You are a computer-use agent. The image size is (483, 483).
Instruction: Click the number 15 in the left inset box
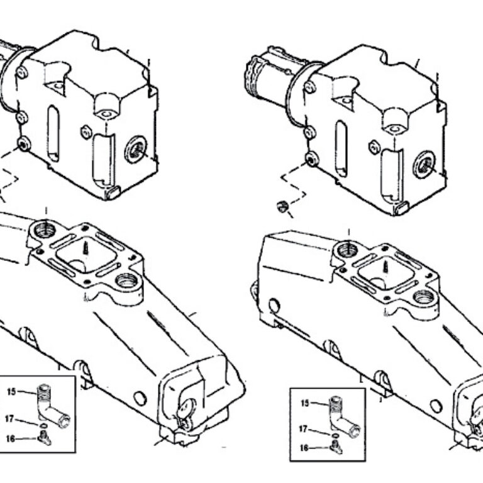coord(11,392)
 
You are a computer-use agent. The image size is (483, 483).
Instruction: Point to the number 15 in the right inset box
coord(305,402)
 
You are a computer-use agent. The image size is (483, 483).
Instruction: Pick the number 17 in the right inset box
coord(303,430)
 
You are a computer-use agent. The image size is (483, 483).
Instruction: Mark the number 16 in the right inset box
coord(303,448)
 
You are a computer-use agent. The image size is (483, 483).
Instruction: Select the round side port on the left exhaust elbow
coord(135,150)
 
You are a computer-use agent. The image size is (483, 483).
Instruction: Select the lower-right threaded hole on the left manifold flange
coord(128,281)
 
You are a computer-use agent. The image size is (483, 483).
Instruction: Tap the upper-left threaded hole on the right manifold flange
coord(347,250)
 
